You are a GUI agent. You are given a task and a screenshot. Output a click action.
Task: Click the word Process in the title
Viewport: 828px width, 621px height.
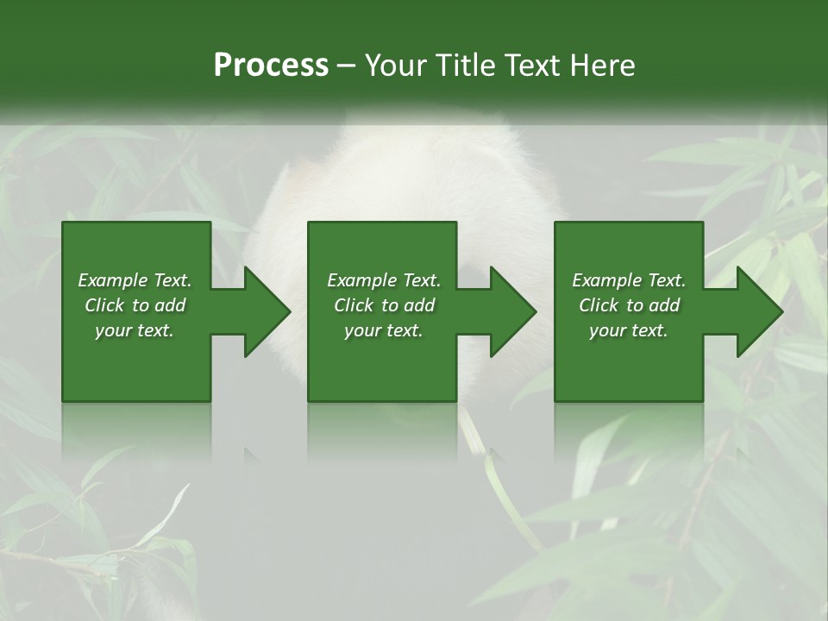tap(271, 66)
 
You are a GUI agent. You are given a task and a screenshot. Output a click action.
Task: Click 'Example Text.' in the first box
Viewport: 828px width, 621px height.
tap(135, 280)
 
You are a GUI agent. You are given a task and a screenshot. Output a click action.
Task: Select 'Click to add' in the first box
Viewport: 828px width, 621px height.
tap(135, 305)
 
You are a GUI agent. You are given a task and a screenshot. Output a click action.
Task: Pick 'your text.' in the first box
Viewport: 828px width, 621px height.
tap(135, 330)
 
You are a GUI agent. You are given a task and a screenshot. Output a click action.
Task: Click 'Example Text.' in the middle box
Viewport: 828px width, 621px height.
tap(384, 280)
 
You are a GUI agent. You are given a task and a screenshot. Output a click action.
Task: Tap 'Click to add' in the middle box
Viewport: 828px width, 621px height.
tap(384, 305)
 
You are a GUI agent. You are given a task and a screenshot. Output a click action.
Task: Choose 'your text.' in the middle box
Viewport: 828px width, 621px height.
tap(384, 330)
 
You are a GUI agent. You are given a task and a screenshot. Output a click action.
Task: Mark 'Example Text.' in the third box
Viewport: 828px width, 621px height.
tap(629, 280)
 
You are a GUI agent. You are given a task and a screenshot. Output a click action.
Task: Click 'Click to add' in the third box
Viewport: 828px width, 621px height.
tap(629, 305)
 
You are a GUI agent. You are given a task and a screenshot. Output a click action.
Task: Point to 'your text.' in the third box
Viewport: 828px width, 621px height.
tap(629, 330)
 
